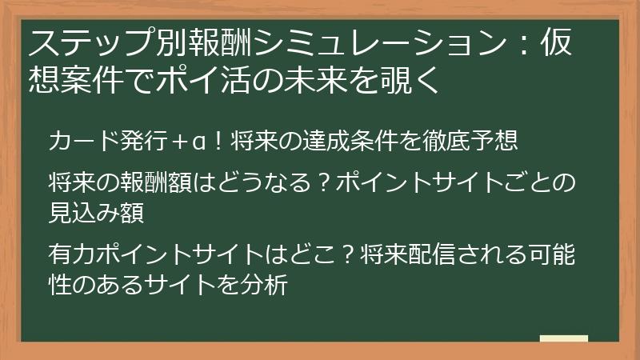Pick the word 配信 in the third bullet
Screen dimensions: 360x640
426,255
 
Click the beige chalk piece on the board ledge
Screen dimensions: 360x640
564,338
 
